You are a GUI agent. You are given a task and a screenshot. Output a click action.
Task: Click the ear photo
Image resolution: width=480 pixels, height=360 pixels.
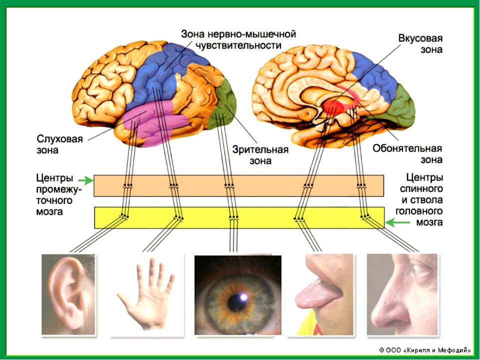coord(69,294)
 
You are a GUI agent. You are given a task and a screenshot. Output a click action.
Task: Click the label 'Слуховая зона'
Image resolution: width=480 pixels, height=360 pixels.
coord(59,144)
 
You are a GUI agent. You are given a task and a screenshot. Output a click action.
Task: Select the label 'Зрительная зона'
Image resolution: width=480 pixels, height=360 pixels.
coord(260,155)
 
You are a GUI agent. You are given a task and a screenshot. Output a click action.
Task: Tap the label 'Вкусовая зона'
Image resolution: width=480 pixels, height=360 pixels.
coord(420,44)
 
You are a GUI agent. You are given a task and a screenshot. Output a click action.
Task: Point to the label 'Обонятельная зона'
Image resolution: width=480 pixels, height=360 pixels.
coord(407,154)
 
